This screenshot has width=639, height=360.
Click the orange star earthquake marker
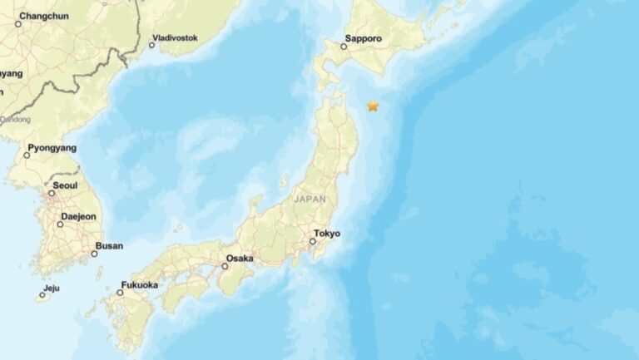click(x=373, y=106)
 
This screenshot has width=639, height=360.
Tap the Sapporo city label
click(x=364, y=38)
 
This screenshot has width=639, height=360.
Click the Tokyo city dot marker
click(x=312, y=242)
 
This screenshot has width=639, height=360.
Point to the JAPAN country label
click(x=310, y=200)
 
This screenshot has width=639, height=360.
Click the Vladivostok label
click(x=176, y=38)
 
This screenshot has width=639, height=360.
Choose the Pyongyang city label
click(x=52, y=148)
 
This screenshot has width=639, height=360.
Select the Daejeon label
click(x=78, y=217)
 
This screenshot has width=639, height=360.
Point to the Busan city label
click(x=109, y=246)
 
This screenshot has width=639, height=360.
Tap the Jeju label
click(x=52, y=288)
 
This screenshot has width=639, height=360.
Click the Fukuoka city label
click(x=139, y=285)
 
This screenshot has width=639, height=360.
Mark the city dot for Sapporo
click(x=344, y=47)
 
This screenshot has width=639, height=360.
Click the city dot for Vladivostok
click(x=151, y=45)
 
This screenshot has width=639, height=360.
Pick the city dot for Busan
click(x=94, y=254)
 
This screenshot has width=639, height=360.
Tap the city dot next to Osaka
click(x=225, y=266)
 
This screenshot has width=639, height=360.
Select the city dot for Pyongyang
click(x=27, y=155)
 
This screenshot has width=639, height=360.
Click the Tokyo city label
click(x=327, y=234)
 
